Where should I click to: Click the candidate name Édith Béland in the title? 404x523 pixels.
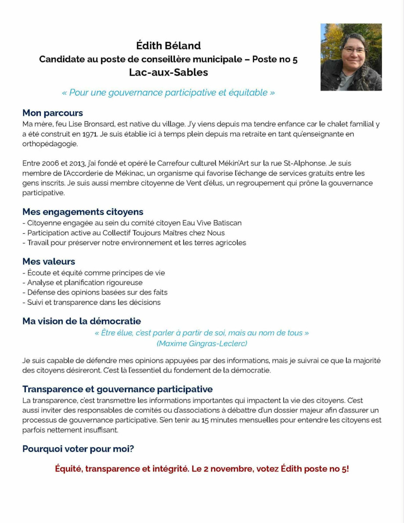tap(168, 45)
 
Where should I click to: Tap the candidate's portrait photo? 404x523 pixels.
tap(351, 57)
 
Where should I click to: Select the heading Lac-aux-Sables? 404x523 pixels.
tap(168, 72)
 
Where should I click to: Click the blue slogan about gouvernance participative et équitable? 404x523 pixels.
tap(168, 93)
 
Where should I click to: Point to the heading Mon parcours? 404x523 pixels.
tap(53, 113)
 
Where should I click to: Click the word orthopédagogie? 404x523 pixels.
tap(50, 144)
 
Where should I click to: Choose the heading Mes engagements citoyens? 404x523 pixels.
tap(83, 212)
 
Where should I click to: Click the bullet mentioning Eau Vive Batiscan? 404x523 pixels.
tap(132, 223)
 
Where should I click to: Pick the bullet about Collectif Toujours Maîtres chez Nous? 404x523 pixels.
tap(123, 233)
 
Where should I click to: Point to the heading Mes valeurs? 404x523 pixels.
tap(49, 262)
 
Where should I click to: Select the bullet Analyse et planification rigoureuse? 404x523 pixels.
tap(83, 283)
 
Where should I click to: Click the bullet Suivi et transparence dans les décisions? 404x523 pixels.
tap(91, 302)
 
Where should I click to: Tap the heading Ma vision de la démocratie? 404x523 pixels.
tap(82, 321)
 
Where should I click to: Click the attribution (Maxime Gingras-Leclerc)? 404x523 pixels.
tap(202, 343)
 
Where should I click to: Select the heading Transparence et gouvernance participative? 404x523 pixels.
tap(117, 389)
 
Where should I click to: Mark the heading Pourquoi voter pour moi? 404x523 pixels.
tap(78, 449)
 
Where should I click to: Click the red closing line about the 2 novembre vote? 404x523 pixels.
tap(202, 469)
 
